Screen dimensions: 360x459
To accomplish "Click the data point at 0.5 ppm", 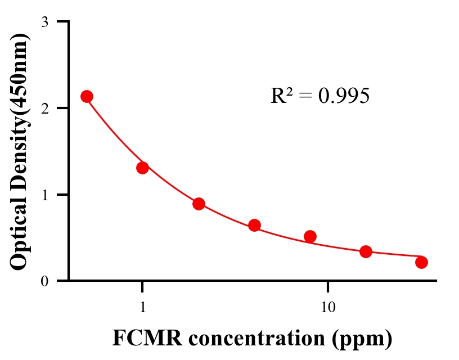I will tap(87, 96).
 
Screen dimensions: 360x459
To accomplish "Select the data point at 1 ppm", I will tap(142, 168).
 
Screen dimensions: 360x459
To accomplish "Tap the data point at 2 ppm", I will tap(199, 204).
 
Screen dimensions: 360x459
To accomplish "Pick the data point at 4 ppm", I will tap(254, 226).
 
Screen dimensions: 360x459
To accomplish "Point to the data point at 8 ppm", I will tap(310, 236).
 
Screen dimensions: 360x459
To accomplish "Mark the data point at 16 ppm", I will tap(366, 251).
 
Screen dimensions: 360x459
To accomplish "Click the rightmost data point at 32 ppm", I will tap(421, 262).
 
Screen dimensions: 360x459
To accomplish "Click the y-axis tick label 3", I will tap(44, 22).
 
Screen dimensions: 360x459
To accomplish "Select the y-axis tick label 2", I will tap(44, 108).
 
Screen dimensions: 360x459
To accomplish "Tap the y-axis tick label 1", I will tap(44, 195).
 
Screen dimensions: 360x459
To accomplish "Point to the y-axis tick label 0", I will tap(44, 281).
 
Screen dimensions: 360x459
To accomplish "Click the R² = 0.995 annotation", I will tap(319, 96).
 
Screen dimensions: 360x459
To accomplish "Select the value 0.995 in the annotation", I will tap(344, 96).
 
